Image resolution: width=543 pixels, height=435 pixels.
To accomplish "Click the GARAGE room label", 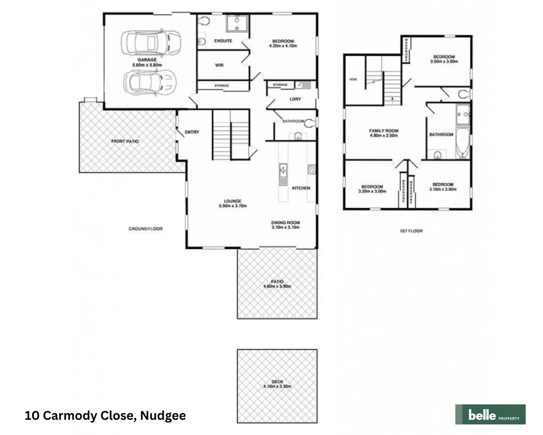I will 147,60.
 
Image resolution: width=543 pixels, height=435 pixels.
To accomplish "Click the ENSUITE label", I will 223,41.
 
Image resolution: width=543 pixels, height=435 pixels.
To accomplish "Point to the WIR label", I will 219,65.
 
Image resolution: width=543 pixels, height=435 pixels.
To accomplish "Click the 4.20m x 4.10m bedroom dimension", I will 283,46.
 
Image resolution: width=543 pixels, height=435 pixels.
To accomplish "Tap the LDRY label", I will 295,99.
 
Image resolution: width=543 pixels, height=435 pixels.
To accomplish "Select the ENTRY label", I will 192,132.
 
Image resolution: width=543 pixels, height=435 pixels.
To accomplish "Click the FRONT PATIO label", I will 125,141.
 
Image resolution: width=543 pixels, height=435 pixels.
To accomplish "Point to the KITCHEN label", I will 301,188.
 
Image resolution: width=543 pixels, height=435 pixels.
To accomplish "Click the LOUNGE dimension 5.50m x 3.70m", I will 232,206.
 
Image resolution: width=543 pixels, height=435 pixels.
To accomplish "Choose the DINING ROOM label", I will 285,222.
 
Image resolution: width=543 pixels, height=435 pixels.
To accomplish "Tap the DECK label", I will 277,381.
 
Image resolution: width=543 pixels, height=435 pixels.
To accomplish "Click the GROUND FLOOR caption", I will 146,229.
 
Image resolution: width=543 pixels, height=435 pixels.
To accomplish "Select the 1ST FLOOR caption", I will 411,231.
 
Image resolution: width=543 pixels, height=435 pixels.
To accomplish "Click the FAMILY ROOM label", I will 384,130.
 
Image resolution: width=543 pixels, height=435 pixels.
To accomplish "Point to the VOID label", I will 353,79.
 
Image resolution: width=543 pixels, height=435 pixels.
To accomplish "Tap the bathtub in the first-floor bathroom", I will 463,143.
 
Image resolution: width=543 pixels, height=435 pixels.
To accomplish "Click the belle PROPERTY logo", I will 490,414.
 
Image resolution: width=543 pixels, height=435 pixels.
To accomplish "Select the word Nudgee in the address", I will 163,416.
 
